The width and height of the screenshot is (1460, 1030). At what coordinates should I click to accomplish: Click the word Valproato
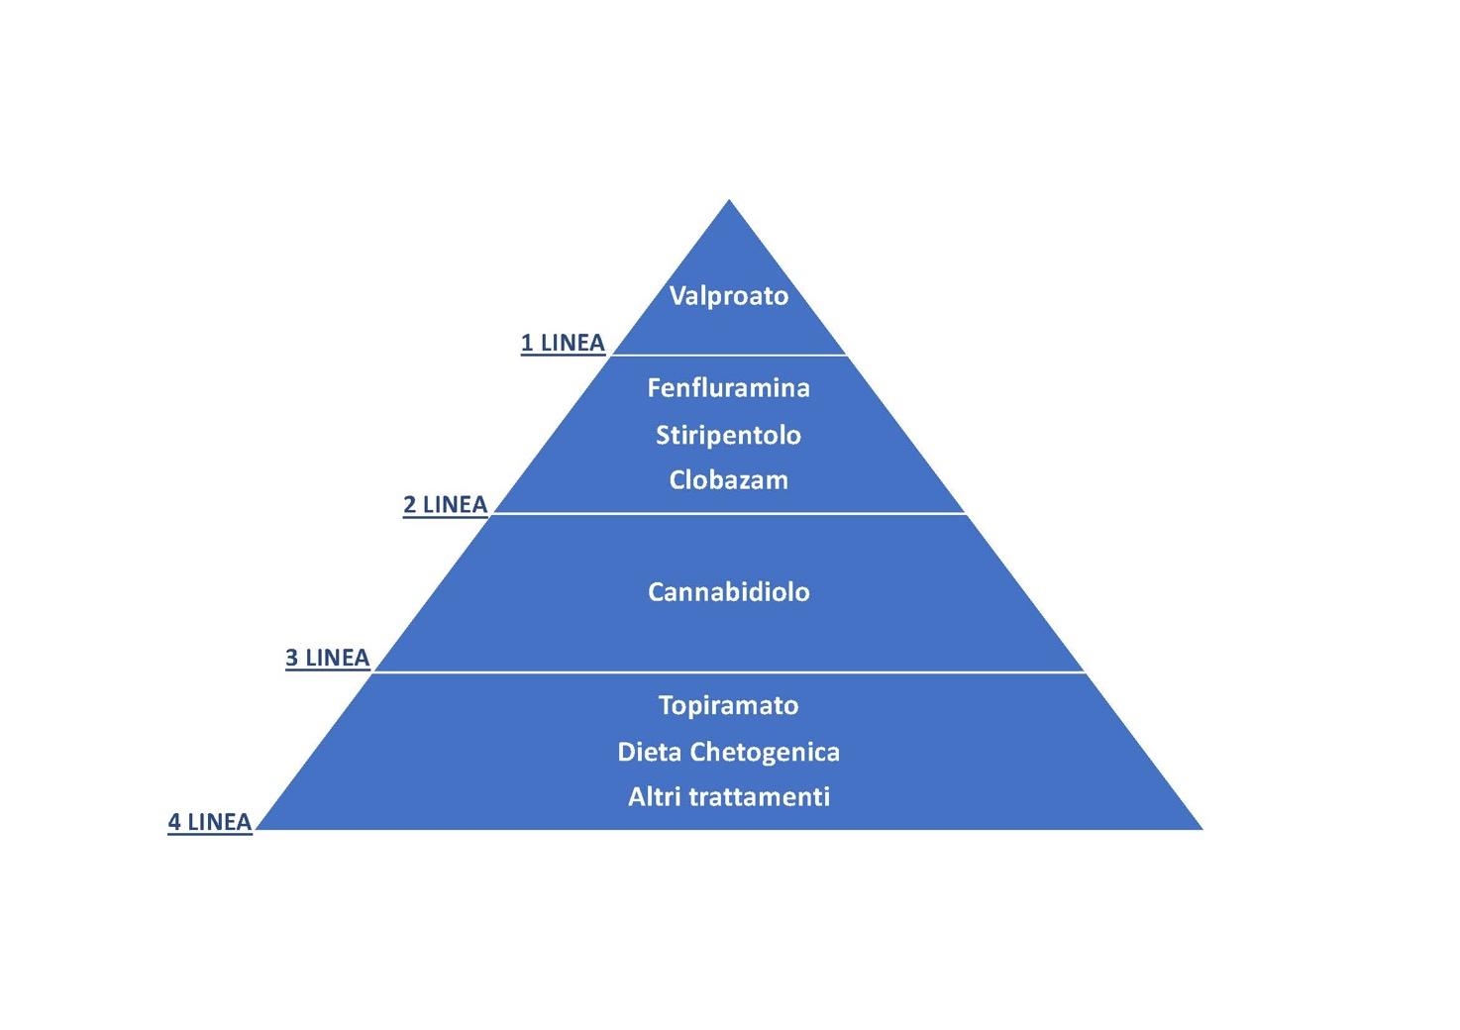coord(728,296)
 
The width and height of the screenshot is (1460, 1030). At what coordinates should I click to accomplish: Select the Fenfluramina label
coord(728,387)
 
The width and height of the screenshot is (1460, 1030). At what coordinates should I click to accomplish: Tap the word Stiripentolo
coord(728,435)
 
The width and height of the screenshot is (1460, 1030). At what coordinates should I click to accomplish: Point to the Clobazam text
coord(728,480)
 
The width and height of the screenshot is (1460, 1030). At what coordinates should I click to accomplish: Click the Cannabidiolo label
coord(728,592)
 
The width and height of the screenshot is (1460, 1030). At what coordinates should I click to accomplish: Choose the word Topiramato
coord(728,705)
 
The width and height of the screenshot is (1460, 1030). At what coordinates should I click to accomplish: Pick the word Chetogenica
coord(765,752)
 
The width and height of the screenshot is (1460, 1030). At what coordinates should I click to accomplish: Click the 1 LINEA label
coord(563,343)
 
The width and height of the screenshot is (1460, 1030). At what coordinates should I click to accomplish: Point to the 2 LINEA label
coord(445,505)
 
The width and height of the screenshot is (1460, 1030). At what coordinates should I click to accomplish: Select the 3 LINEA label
coord(327,658)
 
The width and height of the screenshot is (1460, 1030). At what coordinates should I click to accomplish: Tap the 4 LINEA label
coord(209,822)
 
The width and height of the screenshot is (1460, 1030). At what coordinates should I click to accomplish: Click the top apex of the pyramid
coord(729,202)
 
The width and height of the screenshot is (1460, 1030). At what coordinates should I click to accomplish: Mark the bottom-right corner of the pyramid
coord(1199,827)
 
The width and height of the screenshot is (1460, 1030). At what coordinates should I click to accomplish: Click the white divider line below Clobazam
coord(728,513)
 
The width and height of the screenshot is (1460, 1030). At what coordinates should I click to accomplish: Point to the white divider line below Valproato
coord(728,355)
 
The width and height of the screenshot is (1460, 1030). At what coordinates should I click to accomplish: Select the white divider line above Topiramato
coord(728,671)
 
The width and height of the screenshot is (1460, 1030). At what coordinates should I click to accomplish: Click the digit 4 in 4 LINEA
coord(174,822)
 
